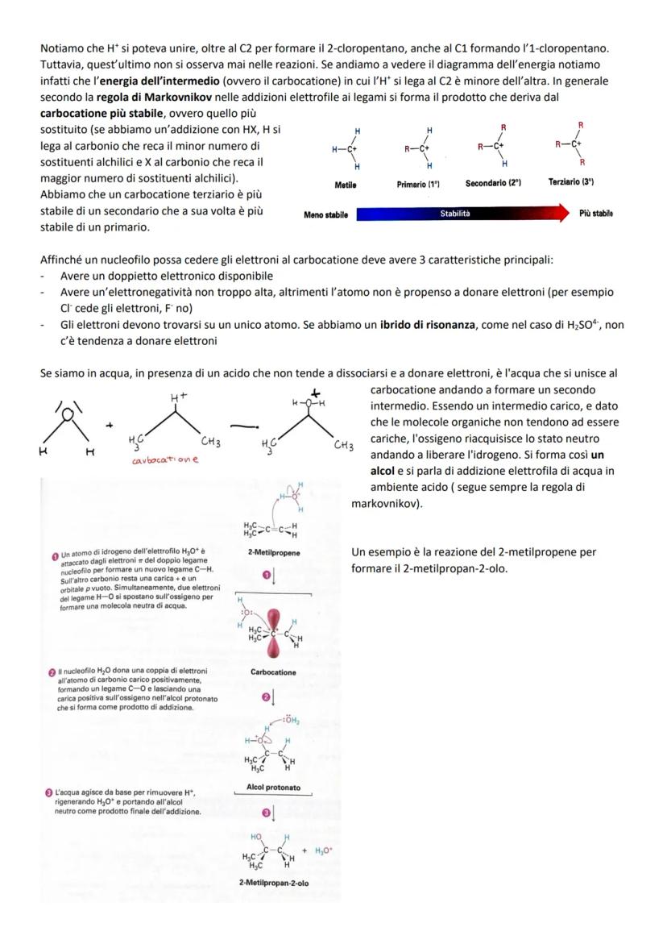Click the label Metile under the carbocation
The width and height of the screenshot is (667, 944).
[x=345, y=184]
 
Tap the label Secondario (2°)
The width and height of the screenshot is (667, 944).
[x=493, y=184]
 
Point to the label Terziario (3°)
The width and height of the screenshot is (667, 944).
[x=571, y=184]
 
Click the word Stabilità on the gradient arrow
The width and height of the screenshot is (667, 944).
[x=454, y=214]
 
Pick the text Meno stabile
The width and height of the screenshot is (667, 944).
[x=325, y=214]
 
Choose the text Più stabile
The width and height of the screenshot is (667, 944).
[x=595, y=214]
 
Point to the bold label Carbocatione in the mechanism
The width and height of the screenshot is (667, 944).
[x=273, y=672]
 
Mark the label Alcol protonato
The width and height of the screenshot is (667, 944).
[x=273, y=787]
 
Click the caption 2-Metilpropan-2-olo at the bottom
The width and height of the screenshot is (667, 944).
[x=273, y=884]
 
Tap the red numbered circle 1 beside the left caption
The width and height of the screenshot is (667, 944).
[x=55, y=554]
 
